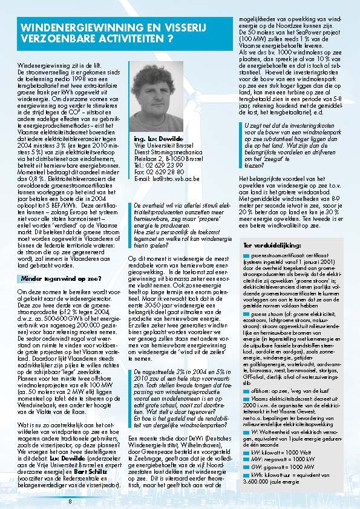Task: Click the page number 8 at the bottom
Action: [70, 501]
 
